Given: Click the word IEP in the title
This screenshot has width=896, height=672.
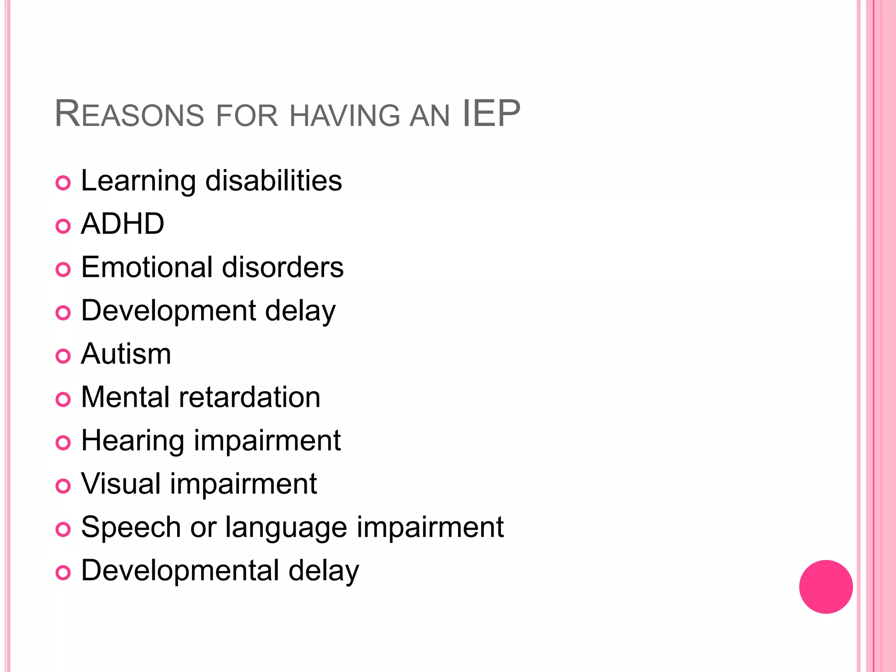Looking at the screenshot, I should pyautogui.click(x=491, y=114).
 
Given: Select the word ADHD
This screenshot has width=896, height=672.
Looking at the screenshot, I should pyautogui.click(x=122, y=224).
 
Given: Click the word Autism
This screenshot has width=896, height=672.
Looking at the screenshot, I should pyautogui.click(x=126, y=354).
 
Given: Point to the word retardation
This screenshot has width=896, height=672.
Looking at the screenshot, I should pyautogui.click(x=250, y=397).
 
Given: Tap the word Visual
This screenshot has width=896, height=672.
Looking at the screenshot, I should pyautogui.click(x=121, y=484).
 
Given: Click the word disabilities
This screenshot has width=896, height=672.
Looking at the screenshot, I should pyautogui.click(x=273, y=181).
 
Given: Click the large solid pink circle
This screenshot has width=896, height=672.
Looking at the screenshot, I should pyautogui.click(x=826, y=587).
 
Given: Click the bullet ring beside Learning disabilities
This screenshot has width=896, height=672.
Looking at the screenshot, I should pyautogui.click(x=63, y=183).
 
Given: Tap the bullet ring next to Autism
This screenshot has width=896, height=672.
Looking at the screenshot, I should pyautogui.click(x=63, y=356).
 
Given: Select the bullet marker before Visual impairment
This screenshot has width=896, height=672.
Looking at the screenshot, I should pyautogui.click(x=63, y=486).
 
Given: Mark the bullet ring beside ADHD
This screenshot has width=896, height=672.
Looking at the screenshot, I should pyautogui.click(x=63, y=226).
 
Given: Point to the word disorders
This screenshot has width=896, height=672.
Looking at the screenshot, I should pyautogui.click(x=283, y=267).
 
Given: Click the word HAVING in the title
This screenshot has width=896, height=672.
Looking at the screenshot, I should pyautogui.click(x=345, y=115).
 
